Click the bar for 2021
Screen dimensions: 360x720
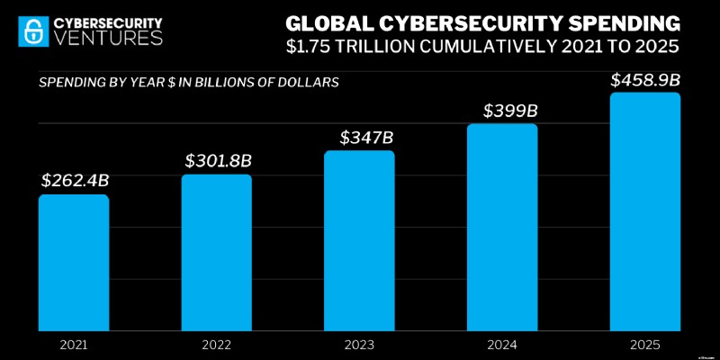tap(73, 262)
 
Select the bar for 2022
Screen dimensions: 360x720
tap(216, 252)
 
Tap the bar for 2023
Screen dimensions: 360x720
tap(359, 240)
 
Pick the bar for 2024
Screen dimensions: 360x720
tap(502, 227)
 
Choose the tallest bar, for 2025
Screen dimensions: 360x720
tap(645, 211)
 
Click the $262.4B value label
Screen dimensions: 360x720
tap(74, 180)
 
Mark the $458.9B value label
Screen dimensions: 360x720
tap(644, 80)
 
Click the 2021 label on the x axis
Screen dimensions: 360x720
tap(73, 345)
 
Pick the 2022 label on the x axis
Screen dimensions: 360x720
tap(216, 345)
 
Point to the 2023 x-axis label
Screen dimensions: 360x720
tap(359, 345)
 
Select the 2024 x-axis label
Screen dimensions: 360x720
tap(502, 345)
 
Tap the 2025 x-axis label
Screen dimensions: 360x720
tap(645, 345)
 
